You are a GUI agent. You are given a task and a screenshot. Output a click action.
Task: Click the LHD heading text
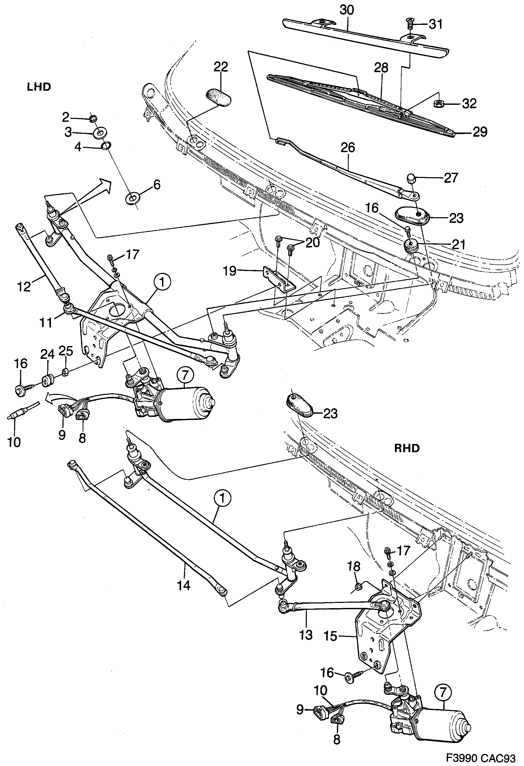pos(39,87)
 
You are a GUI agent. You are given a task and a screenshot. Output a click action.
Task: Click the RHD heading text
pos(407,448)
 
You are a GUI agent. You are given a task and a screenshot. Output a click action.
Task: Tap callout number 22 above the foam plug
pos(221,67)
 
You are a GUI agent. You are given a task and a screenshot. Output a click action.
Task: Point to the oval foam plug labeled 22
pos(218,97)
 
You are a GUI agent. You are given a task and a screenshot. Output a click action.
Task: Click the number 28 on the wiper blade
pos(381,68)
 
